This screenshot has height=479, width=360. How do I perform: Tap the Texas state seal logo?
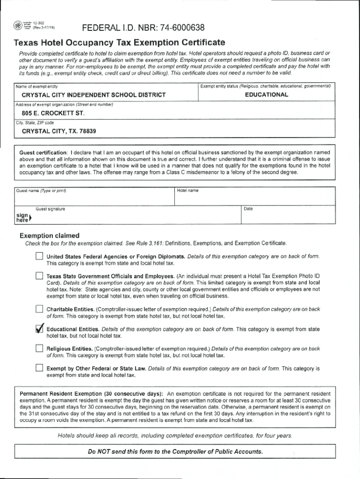pos(17,25)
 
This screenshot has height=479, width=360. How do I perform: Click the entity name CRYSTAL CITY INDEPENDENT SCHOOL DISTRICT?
pos(94,95)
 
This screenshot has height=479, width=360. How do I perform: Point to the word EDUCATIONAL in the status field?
pos(266,94)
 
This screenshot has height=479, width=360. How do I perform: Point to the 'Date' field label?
pos(248,209)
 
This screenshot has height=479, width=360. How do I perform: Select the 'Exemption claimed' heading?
pos(49,235)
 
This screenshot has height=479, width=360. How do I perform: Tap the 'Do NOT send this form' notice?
pos(175,451)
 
